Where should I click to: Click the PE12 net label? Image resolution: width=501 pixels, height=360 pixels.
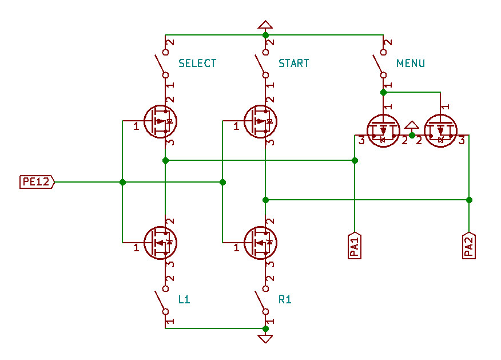coord(37,182)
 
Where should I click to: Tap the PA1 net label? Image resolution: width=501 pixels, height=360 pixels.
coord(355,245)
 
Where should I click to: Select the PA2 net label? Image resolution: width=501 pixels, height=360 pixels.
coord(469,245)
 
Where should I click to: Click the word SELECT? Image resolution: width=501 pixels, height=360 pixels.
coord(197,64)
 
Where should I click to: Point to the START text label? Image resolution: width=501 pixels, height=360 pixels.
coord(294,64)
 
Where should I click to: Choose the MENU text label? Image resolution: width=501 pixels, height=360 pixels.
coord(411,64)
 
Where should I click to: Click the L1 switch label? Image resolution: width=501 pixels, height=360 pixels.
coord(184,299)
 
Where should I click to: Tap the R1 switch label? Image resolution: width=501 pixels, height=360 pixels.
coord(285,299)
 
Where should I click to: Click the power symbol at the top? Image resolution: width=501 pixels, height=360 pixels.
coord(265,25)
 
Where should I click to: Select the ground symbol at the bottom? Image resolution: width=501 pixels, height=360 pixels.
coord(265,339)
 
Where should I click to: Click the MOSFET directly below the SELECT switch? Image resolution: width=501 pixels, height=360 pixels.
coord(160,121)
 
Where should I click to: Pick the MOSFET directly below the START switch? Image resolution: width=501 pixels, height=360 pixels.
coord(260,121)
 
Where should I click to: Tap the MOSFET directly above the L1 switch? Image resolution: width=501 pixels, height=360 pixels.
coord(160,243)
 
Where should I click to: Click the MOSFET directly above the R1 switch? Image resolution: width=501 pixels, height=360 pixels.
coord(260,243)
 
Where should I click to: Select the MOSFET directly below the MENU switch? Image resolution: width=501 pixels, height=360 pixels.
coord(383,130)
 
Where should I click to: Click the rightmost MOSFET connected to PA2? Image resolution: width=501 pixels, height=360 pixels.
coord(440,130)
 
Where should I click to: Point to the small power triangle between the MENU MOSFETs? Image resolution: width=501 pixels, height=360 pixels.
coord(412,125)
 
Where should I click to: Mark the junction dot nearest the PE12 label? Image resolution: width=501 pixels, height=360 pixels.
coord(122,182)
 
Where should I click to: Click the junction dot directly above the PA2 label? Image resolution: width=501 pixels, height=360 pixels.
coord(469,200)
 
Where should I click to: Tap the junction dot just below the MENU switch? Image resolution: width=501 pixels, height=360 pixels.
coord(383,93)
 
